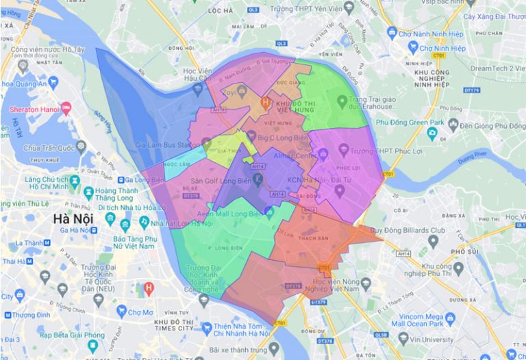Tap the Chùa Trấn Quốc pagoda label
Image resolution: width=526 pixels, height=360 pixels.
[x=49, y=147]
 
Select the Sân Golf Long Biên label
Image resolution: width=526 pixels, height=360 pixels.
[x=219, y=181]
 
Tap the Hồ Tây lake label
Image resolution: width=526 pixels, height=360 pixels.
[x=15, y=128]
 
